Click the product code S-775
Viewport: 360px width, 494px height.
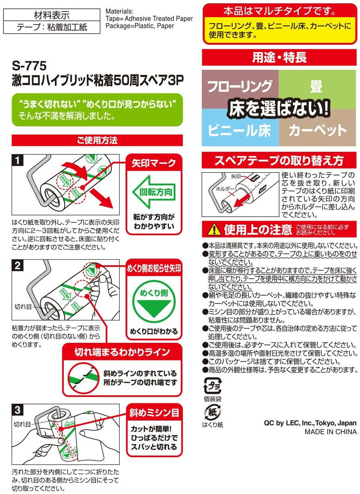pyautogui.click(x=29, y=66)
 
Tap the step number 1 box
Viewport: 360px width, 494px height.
pyautogui.click(x=18, y=160)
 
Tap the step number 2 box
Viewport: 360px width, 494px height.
pyautogui.click(x=18, y=265)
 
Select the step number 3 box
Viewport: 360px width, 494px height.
pyautogui.click(x=18, y=410)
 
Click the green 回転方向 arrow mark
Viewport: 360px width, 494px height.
pyautogui.click(x=154, y=192)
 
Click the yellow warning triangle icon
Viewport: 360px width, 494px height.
pyautogui.click(x=214, y=229)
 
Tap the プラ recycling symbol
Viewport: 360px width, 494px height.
pyautogui.click(x=212, y=386)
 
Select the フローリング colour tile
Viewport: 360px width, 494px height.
pyautogui.click(x=239, y=86)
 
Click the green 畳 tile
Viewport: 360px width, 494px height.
pyautogui.click(x=316, y=86)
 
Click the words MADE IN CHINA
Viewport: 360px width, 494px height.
pyautogui.click(x=330, y=432)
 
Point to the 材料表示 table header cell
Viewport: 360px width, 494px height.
pyautogui.click(x=51, y=15)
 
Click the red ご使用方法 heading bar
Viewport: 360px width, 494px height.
pyautogui.click(x=97, y=140)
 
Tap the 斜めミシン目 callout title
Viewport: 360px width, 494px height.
pyautogui.click(x=154, y=413)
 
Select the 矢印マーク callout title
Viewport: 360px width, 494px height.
pyautogui.click(x=154, y=163)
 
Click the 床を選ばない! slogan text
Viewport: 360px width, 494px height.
pyautogui.click(x=279, y=109)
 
